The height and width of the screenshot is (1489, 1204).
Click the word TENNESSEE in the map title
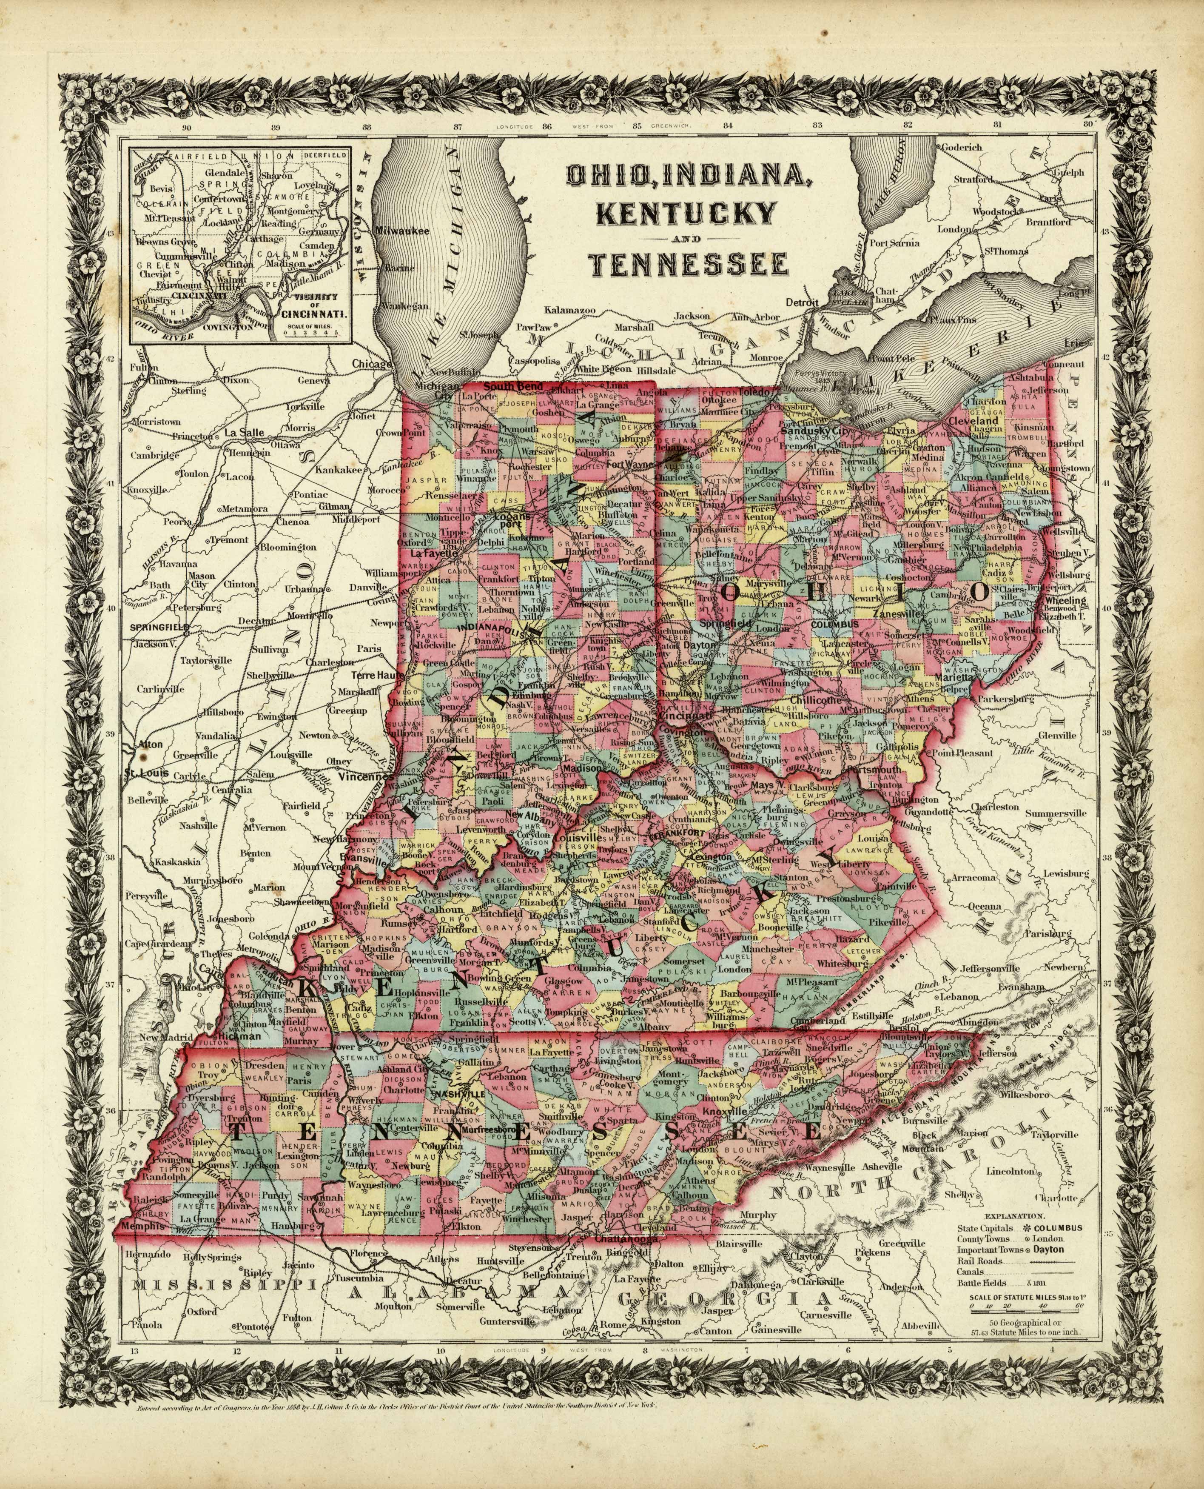coord(688,264)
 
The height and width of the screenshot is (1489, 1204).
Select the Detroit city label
coord(803,302)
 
